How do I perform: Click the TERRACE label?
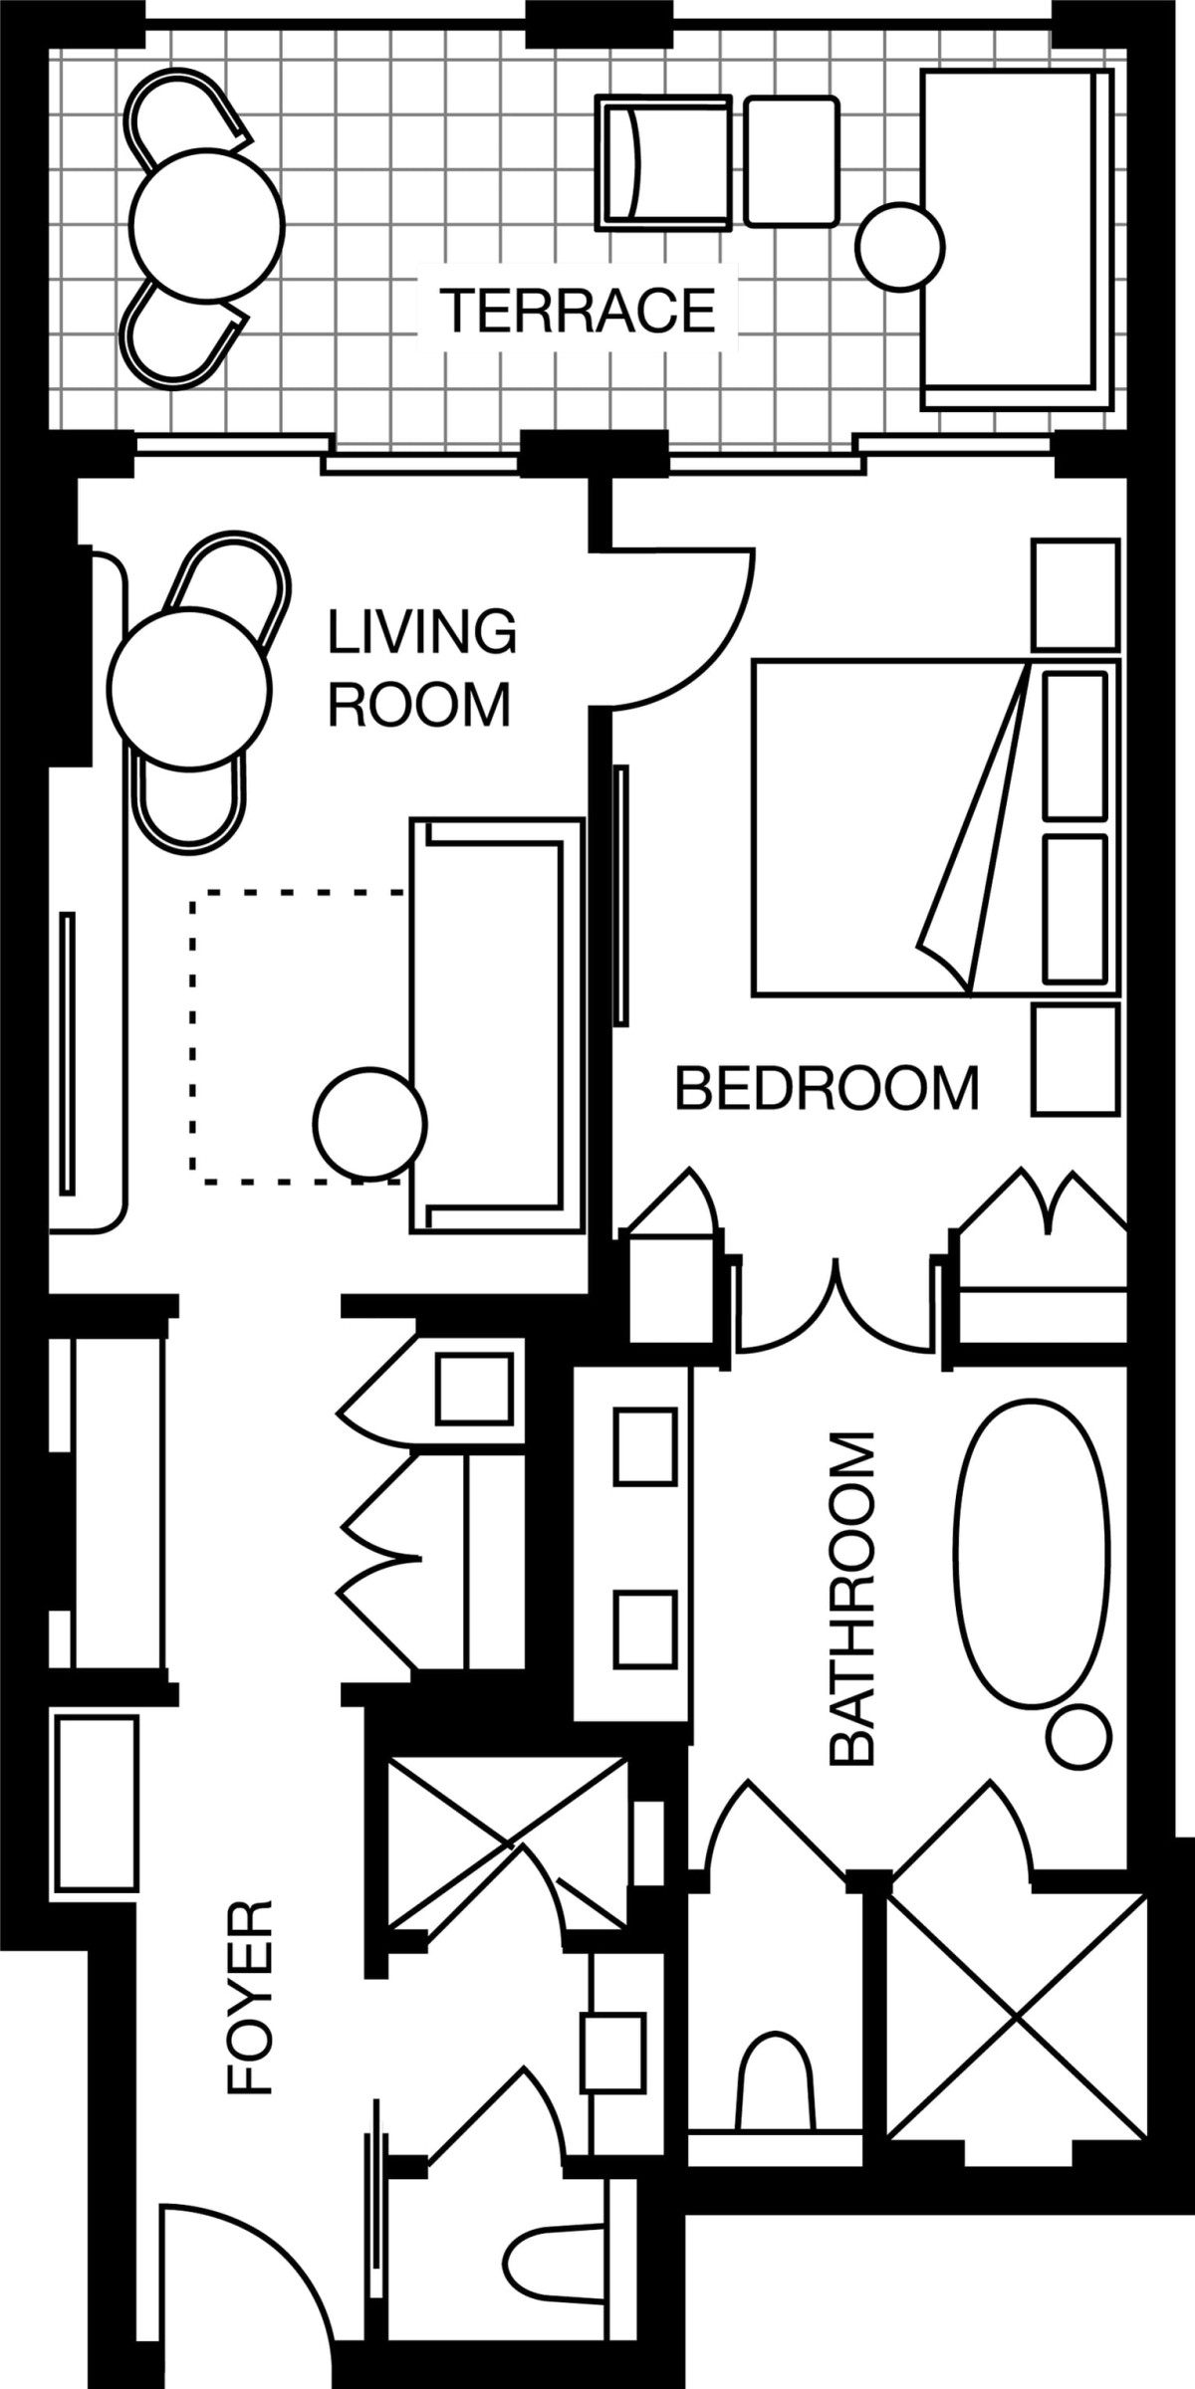click(x=578, y=310)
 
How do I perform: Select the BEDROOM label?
click(x=827, y=1088)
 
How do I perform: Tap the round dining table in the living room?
click(x=189, y=688)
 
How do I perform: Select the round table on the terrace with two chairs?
click(x=207, y=225)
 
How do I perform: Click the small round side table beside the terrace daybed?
click(x=900, y=247)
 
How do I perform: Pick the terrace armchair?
click(x=663, y=163)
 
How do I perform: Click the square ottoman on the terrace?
click(x=792, y=161)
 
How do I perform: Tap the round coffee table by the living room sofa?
click(x=370, y=1123)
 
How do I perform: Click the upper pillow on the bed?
click(x=1075, y=746)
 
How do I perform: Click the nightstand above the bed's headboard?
click(x=1076, y=594)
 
